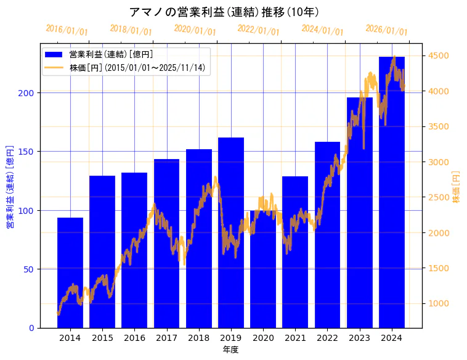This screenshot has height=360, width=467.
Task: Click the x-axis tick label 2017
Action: [x=166, y=338]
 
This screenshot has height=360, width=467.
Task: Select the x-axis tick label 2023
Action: [x=360, y=338]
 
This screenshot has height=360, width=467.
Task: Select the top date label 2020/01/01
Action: [x=195, y=30]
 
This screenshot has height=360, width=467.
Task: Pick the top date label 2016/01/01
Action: [x=67, y=30]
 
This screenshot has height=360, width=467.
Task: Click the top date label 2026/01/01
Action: [x=386, y=30]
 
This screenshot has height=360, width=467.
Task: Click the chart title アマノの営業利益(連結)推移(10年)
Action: [x=224, y=12]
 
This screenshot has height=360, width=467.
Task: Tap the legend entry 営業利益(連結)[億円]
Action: [x=111, y=55]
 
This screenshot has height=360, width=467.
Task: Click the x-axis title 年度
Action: [x=230, y=350]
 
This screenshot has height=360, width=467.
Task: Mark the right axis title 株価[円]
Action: [x=457, y=187]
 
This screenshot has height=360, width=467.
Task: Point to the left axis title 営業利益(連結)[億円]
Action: [x=10, y=187]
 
